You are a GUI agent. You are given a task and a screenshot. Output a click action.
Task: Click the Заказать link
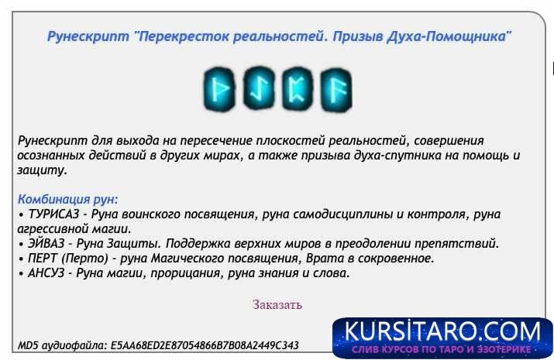pos(277,304)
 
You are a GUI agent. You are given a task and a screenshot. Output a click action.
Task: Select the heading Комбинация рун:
pos(67,199)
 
